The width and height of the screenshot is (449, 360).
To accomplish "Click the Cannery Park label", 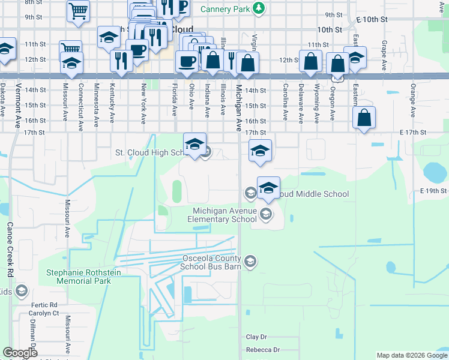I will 225,9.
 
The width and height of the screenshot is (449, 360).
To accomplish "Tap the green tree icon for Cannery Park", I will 258,8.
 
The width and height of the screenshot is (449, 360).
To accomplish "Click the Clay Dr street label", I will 256,337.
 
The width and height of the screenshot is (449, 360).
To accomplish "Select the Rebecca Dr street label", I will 263,350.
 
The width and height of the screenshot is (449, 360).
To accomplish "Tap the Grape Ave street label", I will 384,55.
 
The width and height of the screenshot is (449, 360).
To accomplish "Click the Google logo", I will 20,353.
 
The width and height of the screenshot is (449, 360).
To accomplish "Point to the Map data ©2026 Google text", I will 411,355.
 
